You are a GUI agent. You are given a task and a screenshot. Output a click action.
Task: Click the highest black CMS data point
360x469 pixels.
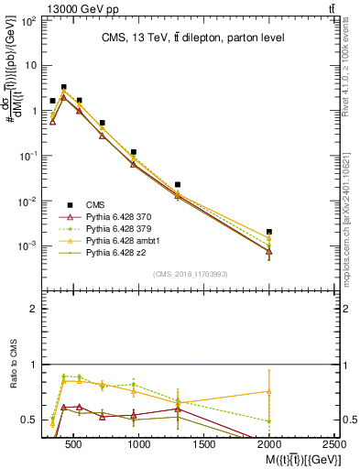63,87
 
